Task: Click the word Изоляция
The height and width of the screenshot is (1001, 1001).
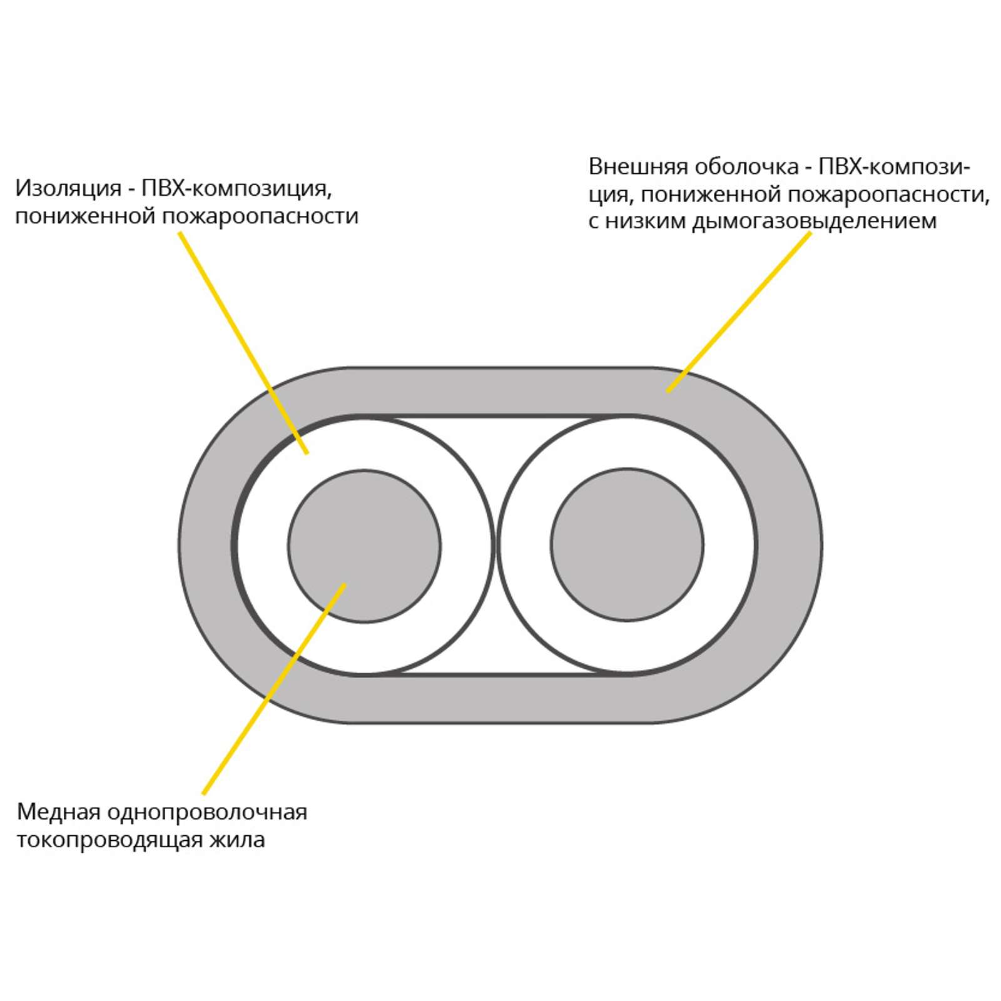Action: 68,188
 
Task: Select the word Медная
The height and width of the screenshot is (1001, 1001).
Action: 59,813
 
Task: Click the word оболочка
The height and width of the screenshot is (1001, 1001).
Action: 746,166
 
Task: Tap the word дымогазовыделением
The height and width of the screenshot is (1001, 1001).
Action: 814,221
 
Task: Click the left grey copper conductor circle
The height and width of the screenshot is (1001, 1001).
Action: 365,546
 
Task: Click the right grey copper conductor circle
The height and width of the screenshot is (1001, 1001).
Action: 628,545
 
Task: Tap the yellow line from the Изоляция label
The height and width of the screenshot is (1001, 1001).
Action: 243,343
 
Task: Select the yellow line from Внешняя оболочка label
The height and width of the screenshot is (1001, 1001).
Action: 739,312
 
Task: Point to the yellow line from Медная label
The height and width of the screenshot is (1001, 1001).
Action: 274,689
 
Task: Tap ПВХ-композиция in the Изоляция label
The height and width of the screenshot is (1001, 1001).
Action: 236,188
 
